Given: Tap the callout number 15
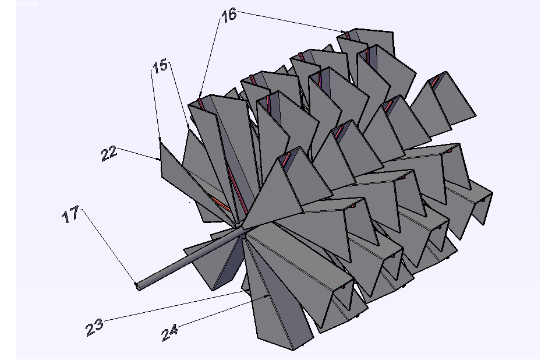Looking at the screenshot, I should pyautogui.click(x=160, y=66).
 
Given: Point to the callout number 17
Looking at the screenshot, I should pyautogui.click(x=71, y=216).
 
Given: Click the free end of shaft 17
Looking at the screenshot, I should pyautogui.click(x=137, y=286).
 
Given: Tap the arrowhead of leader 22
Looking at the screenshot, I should pyautogui.click(x=160, y=159).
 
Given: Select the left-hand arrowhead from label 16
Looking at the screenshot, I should pyautogui.click(x=200, y=97).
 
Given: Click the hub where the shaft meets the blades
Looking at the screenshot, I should pyautogui.click(x=240, y=228).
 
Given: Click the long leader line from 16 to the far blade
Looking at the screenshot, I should pyautogui.click(x=291, y=22).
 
